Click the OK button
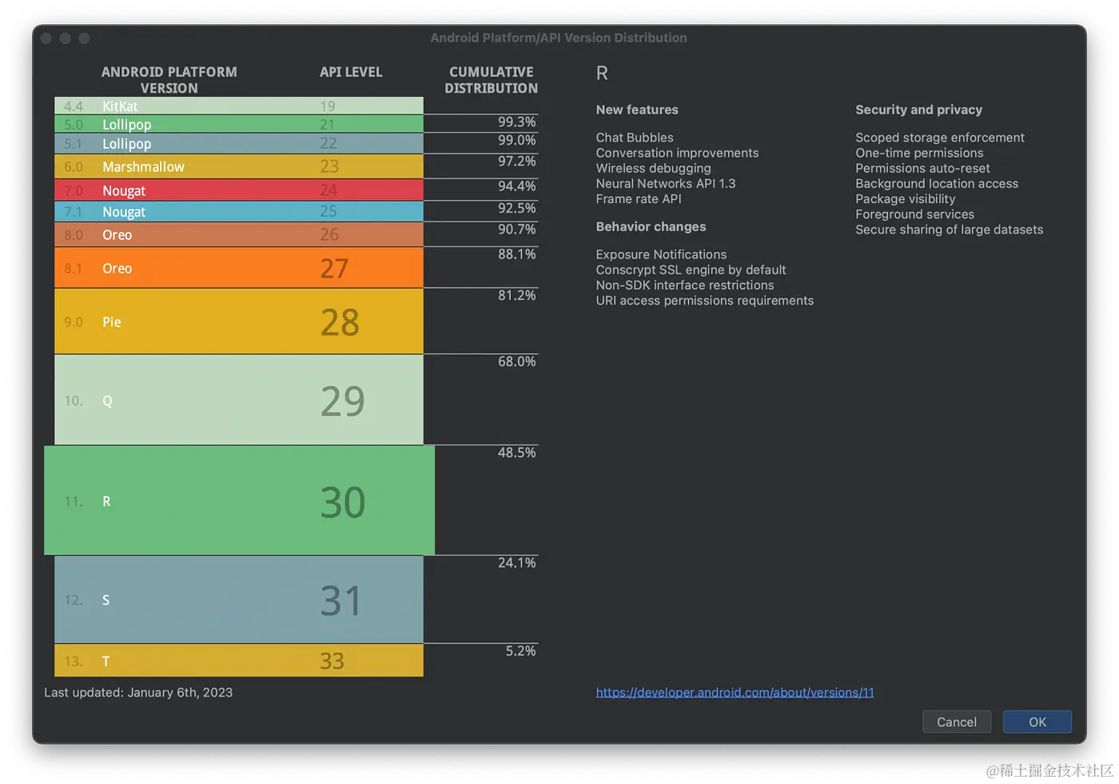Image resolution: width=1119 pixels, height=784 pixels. click(x=1037, y=722)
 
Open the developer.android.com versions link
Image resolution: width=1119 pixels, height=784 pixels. click(x=735, y=692)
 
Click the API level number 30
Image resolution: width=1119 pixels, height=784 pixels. click(x=343, y=502)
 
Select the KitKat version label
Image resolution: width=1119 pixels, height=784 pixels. click(x=120, y=106)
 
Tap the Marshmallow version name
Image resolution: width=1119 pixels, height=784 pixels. click(x=143, y=166)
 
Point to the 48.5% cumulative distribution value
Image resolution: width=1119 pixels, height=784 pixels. click(x=516, y=452)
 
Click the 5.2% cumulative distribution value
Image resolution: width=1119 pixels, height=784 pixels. click(x=520, y=650)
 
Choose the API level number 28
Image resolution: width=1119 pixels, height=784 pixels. click(x=340, y=322)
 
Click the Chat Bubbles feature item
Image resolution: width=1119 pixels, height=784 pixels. click(x=635, y=138)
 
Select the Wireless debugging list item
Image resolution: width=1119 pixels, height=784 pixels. click(x=653, y=168)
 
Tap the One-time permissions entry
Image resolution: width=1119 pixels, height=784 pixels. click(x=919, y=153)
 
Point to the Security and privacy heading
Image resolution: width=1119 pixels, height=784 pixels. click(x=918, y=110)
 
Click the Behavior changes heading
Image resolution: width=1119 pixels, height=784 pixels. click(x=651, y=226)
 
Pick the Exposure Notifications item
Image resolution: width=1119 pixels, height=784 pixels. click(x=661, y=254)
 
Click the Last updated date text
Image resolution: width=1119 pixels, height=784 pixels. click(x=138, y=692)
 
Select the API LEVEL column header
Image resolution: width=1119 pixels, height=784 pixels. click(x=351, y=72)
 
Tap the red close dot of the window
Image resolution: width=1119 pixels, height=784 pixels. click(x=46, y=38)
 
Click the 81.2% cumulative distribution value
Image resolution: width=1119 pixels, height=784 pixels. click(x=516, y=295)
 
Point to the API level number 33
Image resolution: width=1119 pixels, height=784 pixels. click(x=332, y=661)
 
